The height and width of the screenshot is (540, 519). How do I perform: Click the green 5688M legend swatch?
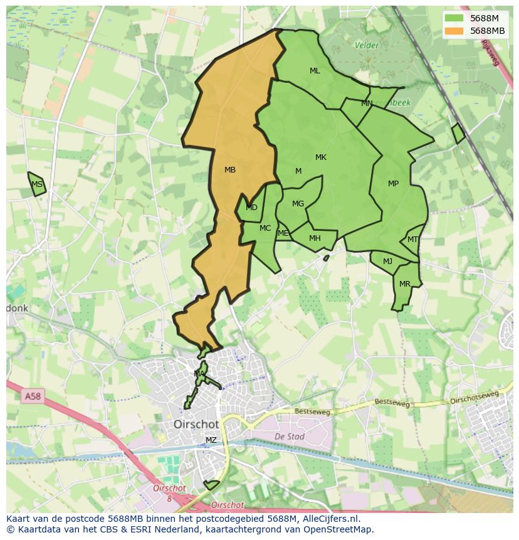[x=455, y=18]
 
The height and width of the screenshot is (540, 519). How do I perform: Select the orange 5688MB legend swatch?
[x=455, y=31]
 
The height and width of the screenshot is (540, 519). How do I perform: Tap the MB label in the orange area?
[x=230, y=170]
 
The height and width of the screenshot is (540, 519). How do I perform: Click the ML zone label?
[x=315, y=71]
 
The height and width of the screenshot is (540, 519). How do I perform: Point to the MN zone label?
[x=367, y=103]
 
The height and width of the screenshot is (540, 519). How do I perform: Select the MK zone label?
[x=321, y=157]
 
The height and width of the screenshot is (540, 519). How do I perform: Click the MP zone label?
[x=393, y=184]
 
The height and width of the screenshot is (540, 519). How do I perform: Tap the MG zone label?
[x=298, y=204]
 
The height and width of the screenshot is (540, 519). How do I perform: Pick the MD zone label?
[x=251, y=208]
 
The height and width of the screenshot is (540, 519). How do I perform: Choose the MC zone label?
[x=265, y=228]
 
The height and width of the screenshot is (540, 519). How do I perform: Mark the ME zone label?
[x=283, y=233]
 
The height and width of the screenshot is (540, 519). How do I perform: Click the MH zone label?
[x=315, y=238]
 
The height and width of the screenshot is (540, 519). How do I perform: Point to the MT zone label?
[x=412, y=240]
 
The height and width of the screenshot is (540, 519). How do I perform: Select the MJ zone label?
[x=387, y=262]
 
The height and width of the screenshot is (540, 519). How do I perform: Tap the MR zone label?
[x=405, y=284]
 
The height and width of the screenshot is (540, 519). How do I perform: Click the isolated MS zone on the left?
[x=37, y=184]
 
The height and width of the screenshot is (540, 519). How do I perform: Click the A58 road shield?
[x=32, y=396]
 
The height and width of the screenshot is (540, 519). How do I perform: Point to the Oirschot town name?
[x=196, y=425]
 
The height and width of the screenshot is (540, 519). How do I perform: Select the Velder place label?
[x=367, y=45]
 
